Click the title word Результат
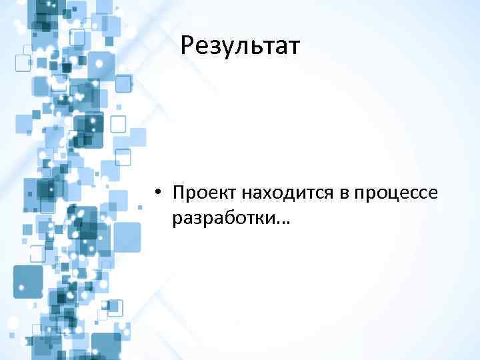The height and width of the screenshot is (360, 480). (x=241, y=47)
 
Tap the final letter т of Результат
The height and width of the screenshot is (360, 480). (x=293, y=49)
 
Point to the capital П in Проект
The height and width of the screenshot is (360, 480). (x=177, y=193)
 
